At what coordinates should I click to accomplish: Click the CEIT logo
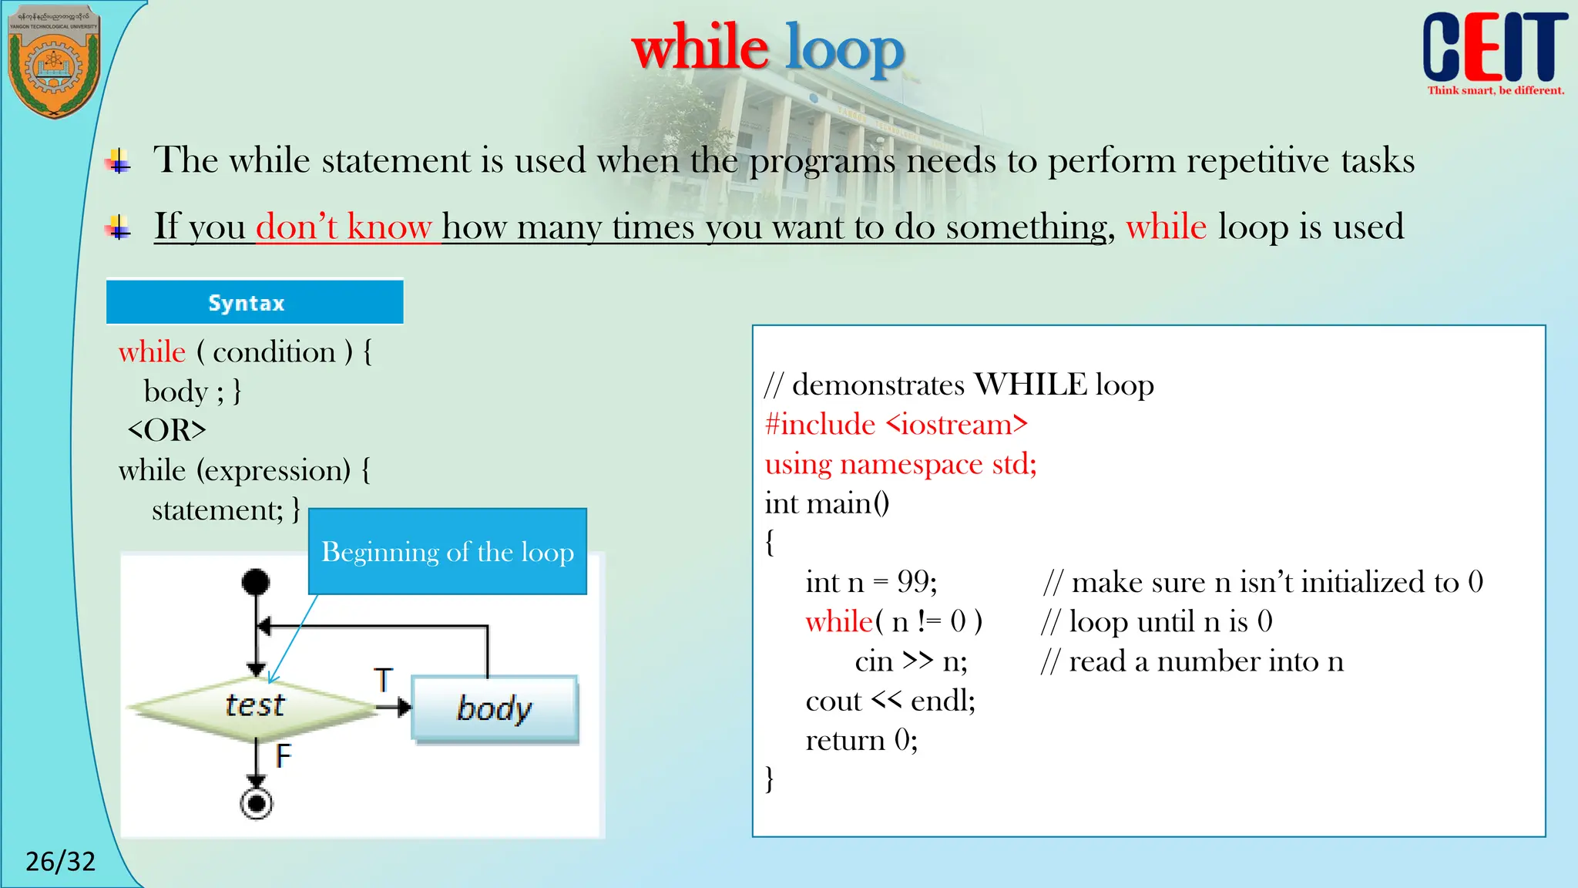point(1494,51)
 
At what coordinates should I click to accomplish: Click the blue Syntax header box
point(254,302)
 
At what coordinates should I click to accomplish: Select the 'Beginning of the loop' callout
point(447,552)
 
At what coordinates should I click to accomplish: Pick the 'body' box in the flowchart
point(495,708)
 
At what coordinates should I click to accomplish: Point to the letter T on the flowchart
point(384,680)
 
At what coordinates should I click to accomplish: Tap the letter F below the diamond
point(284,755)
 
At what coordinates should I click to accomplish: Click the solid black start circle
point(256,582)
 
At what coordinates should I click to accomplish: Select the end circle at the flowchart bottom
point(257,804)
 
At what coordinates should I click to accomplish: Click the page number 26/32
point(60,861)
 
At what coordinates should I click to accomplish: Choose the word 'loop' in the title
point(844,49)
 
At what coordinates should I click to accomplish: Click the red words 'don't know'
point(344,227)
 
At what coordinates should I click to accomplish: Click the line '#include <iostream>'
point(896,424)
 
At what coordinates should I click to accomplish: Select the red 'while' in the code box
point(839,621)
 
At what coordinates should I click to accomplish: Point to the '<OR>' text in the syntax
point(166,430)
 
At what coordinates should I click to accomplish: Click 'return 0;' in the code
point(861,740)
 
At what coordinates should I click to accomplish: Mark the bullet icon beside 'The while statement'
point(119,161)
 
